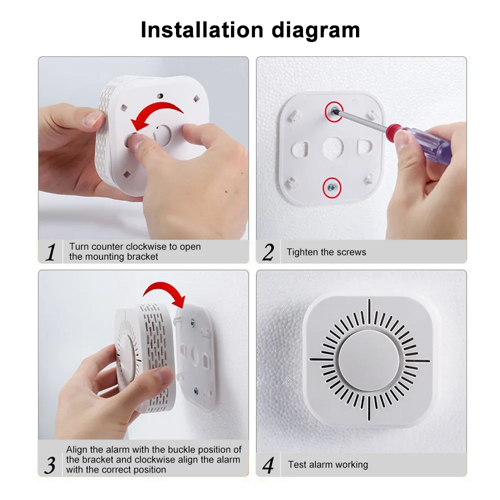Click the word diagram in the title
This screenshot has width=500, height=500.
(x=315, y=31)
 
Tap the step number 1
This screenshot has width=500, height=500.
(x=50, y=252)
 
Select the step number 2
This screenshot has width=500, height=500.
(x=268, y=252)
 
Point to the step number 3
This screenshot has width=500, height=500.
(x=50, y=465)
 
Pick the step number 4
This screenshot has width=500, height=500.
(x=268, y=465)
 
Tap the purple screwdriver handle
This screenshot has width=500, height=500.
(x=427, y=143)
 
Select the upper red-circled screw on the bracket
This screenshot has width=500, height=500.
(x=334, y=111)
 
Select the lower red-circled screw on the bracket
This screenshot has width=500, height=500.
(x=331, y=188)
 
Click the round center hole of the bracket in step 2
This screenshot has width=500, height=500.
(x=333, y=148)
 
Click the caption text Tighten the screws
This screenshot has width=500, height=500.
(x=326, y=252)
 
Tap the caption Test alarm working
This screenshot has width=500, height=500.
(x=328, y=464)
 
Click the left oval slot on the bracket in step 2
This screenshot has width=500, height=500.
(x=300, y=149)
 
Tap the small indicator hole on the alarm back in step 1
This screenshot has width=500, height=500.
(x=160, y=95)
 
